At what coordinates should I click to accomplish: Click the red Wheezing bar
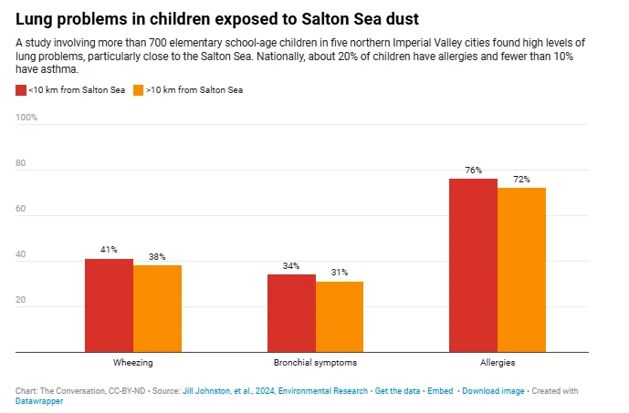tap(109, 305)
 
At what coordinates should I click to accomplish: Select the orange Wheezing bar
tap(157, 308)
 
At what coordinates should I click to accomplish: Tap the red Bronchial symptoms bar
tap(291, 313)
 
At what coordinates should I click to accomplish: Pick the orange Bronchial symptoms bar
tap(340, 316)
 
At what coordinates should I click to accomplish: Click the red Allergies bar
tap(473, 265)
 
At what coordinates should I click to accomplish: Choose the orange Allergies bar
tap(521, 270)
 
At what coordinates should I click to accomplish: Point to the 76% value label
tap(473, 170)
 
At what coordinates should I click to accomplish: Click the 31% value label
tap(340, 273)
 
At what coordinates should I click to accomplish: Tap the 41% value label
tap(109, 250)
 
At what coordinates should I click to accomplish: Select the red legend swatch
tap(21, 90)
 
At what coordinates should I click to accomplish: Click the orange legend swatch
tap(138, 90)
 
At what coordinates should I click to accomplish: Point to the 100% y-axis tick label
tap(27, 118)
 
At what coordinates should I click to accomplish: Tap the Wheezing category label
tap(132, 362)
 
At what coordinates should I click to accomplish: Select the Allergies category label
tap(498, 362)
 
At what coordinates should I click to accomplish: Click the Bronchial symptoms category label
tap(315, 362)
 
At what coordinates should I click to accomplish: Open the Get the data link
tap(399, 390)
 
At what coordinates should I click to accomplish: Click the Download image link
tap(493, 390)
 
